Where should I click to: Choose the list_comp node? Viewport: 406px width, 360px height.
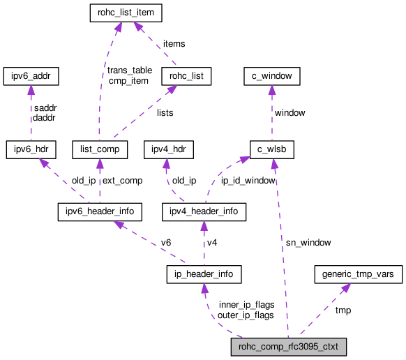click(99, 149)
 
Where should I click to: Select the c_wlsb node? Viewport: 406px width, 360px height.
click(271, 149)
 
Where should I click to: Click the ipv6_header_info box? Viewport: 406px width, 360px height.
click(100, 210)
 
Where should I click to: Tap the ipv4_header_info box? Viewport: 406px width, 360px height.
click(203, 210)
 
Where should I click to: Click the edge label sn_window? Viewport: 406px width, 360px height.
click(308, 242)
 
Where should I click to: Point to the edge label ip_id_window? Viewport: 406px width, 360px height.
click(248, 180)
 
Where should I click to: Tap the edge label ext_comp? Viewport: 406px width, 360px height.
click(122, 180)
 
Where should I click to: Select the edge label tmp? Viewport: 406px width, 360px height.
click(343, 310)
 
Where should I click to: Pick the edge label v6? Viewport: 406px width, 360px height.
click(166, 242)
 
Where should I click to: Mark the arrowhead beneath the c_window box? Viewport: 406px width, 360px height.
click(271, 89)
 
